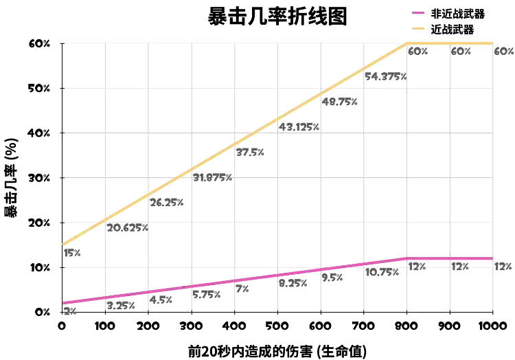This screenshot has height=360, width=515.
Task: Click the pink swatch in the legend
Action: (419, 14)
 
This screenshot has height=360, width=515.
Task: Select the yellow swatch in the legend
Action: (419, 27)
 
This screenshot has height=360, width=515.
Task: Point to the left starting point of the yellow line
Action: (62, 244)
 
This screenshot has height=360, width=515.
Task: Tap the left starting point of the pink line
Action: (62, 302)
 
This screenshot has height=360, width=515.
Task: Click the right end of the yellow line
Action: (493, 44)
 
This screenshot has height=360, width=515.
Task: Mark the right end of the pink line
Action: (493, 259)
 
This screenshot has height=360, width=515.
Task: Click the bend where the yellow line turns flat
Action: (408, 44)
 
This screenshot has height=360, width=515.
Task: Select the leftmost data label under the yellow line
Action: (71, 254)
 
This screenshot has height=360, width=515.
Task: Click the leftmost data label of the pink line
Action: (69, 313)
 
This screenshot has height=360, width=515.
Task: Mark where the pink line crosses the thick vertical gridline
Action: (149, 291)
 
